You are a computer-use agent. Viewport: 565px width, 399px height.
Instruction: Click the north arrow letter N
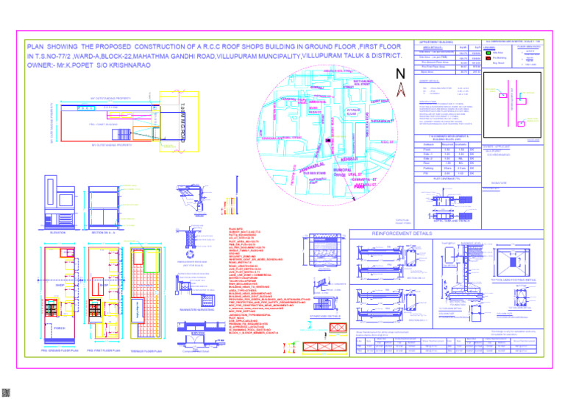pyautogui.click(x=399, y=74)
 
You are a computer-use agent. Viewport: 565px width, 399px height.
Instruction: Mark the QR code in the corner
pyautogui.click(x=7, y=392)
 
